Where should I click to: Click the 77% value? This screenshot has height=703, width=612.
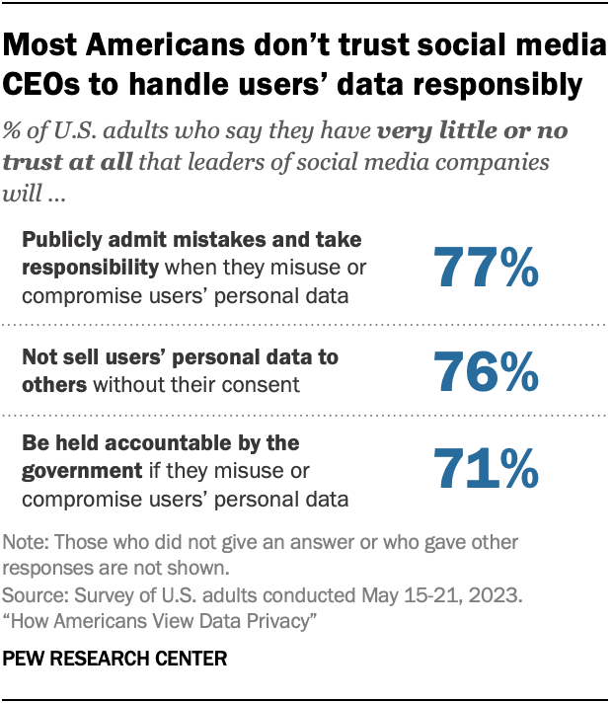(x=485, y=267)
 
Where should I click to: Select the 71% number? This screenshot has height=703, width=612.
(x=485, y=470)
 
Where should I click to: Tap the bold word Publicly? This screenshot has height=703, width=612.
(x=62, y=239)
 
